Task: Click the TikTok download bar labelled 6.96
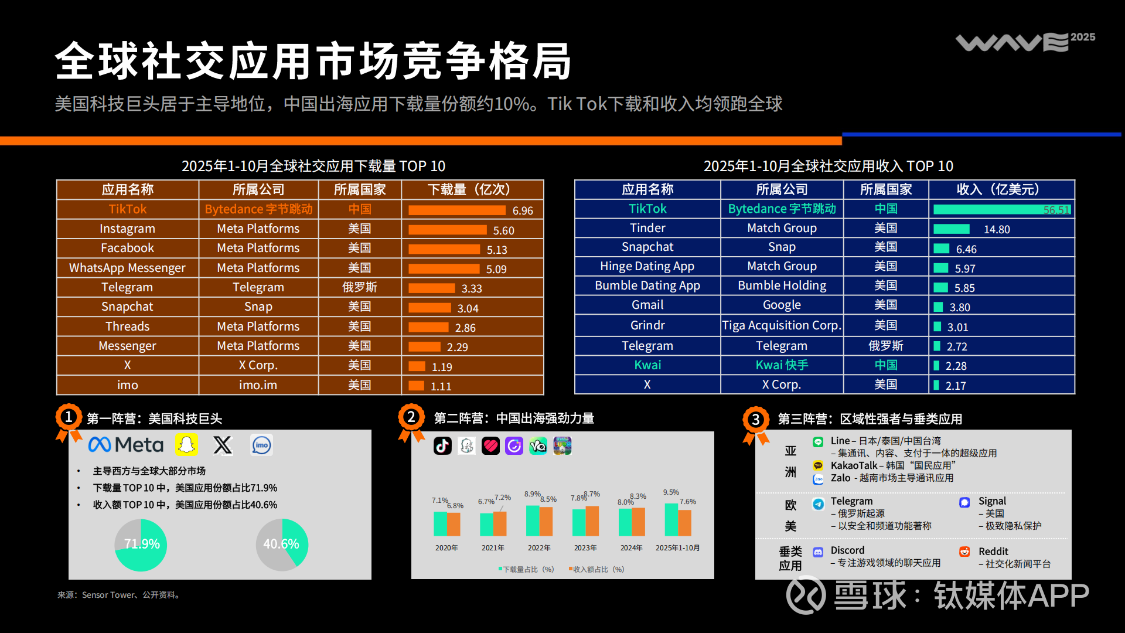[456, 210]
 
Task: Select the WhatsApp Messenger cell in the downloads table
[127, 268]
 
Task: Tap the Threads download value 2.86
[465, 328]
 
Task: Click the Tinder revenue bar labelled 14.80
[951, 229]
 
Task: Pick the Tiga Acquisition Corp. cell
[782, 325]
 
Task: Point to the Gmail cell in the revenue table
[647, 305]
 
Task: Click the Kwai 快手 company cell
[782, 365]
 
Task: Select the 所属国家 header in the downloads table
[360, 189]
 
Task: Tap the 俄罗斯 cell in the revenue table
[885, 346]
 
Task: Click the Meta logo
[126, 445]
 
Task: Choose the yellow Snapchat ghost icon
[186, 445]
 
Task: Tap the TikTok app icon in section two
[442, 446]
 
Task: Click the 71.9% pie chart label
[142, 544]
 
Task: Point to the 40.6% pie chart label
[281, 544]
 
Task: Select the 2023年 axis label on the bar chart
[585, 548]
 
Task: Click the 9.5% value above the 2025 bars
[671, 492]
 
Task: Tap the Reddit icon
[964, 552]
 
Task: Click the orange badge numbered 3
[756, 420]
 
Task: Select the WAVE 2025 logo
[1025, 41]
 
